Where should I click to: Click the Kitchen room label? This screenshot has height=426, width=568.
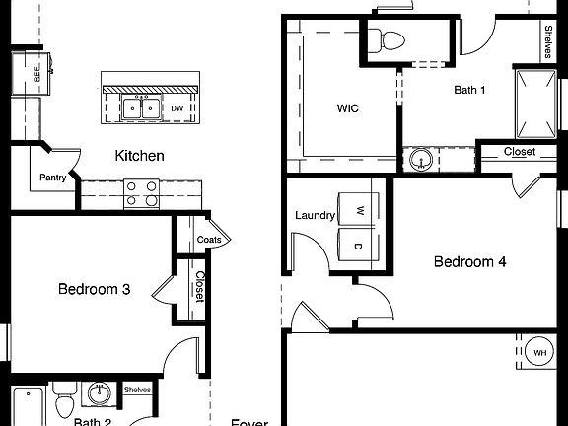139,156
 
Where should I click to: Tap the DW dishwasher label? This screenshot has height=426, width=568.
177,108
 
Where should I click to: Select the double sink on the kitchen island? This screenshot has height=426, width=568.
141,107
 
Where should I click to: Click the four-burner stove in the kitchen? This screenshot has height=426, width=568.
142,193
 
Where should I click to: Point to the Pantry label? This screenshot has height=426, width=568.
52,177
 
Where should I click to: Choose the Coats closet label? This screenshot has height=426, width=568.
209,240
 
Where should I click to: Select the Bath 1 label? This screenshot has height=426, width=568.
469,90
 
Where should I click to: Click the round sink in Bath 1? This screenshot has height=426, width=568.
422,159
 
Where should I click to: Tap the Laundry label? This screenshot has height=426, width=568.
316,215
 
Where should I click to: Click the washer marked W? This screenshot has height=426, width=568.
359,210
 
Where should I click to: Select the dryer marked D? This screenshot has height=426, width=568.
359,245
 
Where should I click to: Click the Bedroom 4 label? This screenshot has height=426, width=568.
470,262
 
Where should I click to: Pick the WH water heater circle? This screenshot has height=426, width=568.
540,352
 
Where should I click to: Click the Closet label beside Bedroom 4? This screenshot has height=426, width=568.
520,152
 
